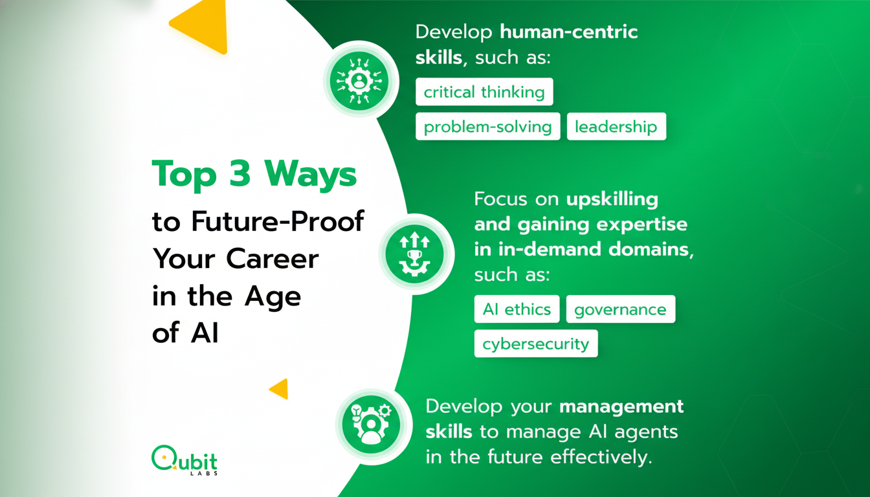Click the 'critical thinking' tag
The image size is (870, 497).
pos(484,92)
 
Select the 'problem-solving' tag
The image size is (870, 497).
pos(488,126)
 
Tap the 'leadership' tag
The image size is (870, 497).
pos(616,126)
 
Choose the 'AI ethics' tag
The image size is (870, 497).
pos(517,309)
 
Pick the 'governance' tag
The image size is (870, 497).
pos(621,309)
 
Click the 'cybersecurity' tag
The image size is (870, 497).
pos(536,344)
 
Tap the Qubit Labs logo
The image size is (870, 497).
pos(184,460)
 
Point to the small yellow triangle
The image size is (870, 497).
pos(280,389)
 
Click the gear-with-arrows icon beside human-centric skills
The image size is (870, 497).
pos(359,81)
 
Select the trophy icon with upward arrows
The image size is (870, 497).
pos(414,254)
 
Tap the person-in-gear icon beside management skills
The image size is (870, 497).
pos(372,425)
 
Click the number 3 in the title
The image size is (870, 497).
pos(240,173)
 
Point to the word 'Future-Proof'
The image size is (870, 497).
pos(278,221)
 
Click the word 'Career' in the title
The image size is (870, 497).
pos(273,259)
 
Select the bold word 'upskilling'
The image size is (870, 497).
pos(612,199)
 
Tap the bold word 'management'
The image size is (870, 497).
pos(621,407)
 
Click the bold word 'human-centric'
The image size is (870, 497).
pos(568,32)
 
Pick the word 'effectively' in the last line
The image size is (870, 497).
pos(601,457)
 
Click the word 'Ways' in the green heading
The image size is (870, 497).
pos(310,174)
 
